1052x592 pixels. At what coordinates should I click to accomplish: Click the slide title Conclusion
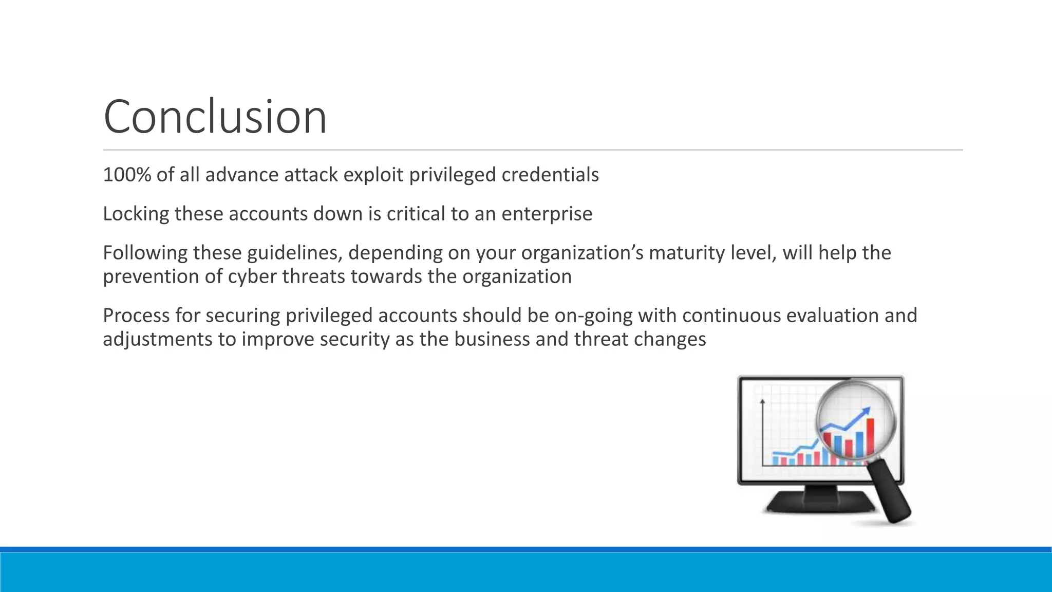pos(215,117)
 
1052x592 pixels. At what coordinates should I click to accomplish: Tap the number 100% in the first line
pos(127,175)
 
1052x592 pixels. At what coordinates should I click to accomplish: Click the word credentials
pos(550,175)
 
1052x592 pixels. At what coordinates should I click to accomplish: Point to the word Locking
pos(136,214)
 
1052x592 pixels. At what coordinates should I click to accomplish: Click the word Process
pos(135,316)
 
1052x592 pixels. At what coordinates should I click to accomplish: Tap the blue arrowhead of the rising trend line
pos(867,411)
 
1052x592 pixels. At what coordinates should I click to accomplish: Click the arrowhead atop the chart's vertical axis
pos(762,401)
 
